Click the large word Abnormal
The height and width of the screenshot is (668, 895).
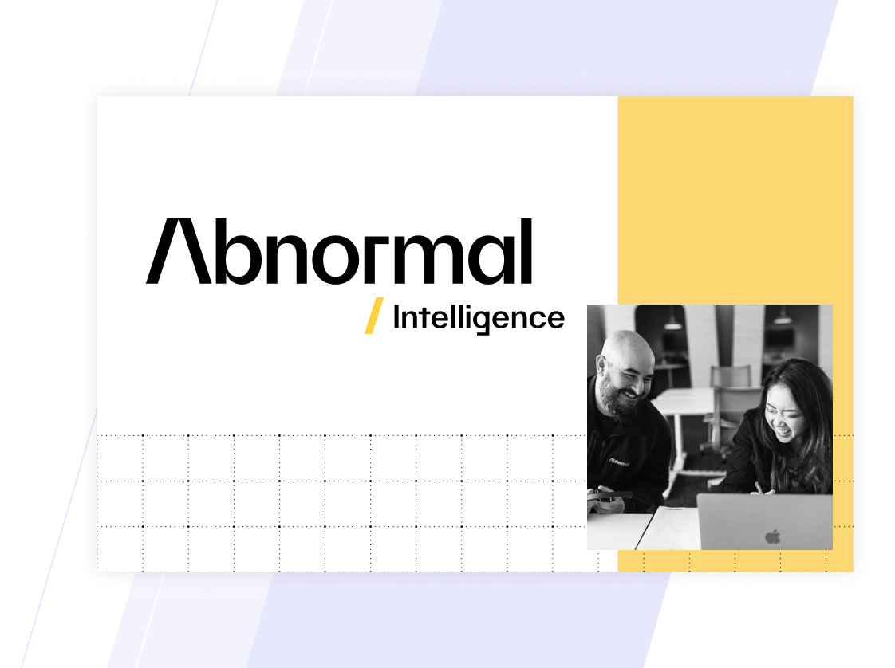point(339,251)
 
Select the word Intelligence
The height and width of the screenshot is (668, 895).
point(479,318)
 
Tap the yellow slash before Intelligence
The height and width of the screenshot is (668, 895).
point(374,316)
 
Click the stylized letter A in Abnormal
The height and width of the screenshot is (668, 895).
point(179,251)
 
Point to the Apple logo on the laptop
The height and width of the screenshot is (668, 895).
point(772,536)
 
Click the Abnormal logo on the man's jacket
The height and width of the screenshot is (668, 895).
point(619,461)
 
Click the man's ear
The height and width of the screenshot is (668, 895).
point(601,366)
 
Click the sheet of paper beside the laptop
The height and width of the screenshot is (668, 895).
point(669,529)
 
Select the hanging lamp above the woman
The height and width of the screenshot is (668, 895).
point(782,316)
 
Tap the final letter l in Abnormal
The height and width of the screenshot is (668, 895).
point(526,251)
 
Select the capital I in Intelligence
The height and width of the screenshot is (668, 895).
point(396,317)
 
